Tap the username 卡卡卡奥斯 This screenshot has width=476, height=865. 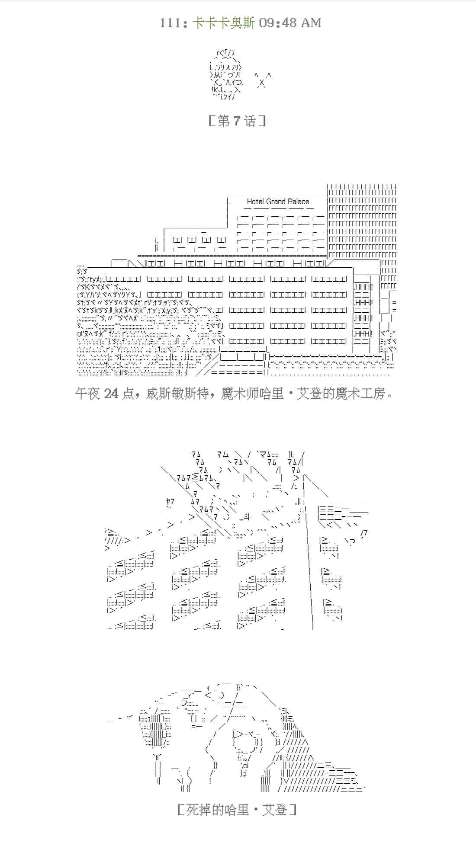223,23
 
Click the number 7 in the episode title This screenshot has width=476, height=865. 236,121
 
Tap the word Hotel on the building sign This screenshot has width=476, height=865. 255,202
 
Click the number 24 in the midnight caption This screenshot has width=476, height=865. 111,394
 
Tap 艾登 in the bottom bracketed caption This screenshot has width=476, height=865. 275,810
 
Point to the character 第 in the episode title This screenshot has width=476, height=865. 224,121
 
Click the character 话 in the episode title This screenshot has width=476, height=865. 250,121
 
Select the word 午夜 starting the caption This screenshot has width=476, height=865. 88,394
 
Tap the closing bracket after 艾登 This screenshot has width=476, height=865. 293,810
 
